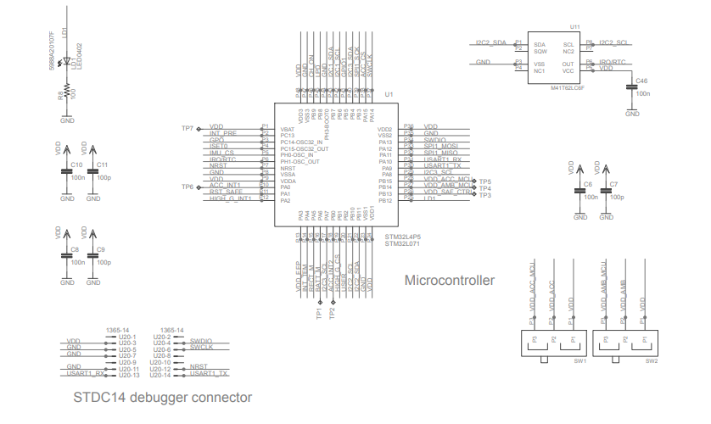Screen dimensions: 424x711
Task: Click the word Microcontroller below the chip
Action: (450, 280)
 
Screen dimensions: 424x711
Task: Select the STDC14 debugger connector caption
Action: (162, 397)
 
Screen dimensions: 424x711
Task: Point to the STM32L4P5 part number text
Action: (403, 237)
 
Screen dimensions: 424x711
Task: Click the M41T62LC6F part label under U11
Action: (568, 87)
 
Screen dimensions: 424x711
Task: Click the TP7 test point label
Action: (188, 127)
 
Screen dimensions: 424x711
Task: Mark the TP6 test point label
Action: (188, 187)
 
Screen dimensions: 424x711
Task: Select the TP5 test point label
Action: (485, 181)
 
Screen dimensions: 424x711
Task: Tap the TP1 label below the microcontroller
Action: (319, 314)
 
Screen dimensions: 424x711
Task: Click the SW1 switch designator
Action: (580, 360)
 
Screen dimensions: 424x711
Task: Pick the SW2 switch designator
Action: (652, 360)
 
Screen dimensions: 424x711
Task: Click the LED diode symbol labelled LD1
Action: (67, 63)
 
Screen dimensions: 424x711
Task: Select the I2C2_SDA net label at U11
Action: (490, 42)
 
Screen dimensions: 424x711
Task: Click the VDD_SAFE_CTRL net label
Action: (447, 192)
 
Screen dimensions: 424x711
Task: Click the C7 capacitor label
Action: (614, 183)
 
